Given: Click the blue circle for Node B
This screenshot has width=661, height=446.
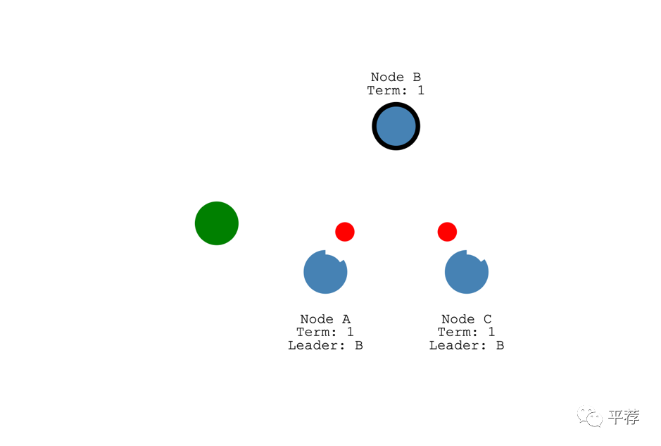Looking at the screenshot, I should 396,127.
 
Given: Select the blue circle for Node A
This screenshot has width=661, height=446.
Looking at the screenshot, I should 325,273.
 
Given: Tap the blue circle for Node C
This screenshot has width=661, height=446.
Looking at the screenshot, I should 466,273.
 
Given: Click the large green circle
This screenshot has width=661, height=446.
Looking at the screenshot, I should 217,223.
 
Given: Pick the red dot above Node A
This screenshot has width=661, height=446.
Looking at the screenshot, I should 345,232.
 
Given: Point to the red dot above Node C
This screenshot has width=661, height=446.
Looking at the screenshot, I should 447,232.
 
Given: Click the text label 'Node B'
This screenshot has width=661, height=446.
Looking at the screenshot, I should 396,77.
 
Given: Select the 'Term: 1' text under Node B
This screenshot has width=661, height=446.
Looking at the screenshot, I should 396,90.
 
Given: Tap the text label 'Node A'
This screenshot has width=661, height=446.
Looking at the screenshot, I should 325,319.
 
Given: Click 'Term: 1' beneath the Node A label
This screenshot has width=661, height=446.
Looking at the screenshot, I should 325,332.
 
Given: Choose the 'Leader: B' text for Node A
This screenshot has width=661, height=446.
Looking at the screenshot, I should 325,345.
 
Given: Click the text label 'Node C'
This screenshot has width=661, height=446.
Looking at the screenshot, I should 466,319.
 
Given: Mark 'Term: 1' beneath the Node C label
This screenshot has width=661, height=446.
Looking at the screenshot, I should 466,332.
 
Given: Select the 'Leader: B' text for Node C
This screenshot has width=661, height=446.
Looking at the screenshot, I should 466,345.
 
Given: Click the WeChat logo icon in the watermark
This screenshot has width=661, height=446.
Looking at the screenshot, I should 590,417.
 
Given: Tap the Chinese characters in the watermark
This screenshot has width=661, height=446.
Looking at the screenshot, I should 624,417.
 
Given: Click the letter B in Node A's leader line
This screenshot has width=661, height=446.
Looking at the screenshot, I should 358,345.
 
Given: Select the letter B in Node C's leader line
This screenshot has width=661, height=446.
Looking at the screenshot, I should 500,345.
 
